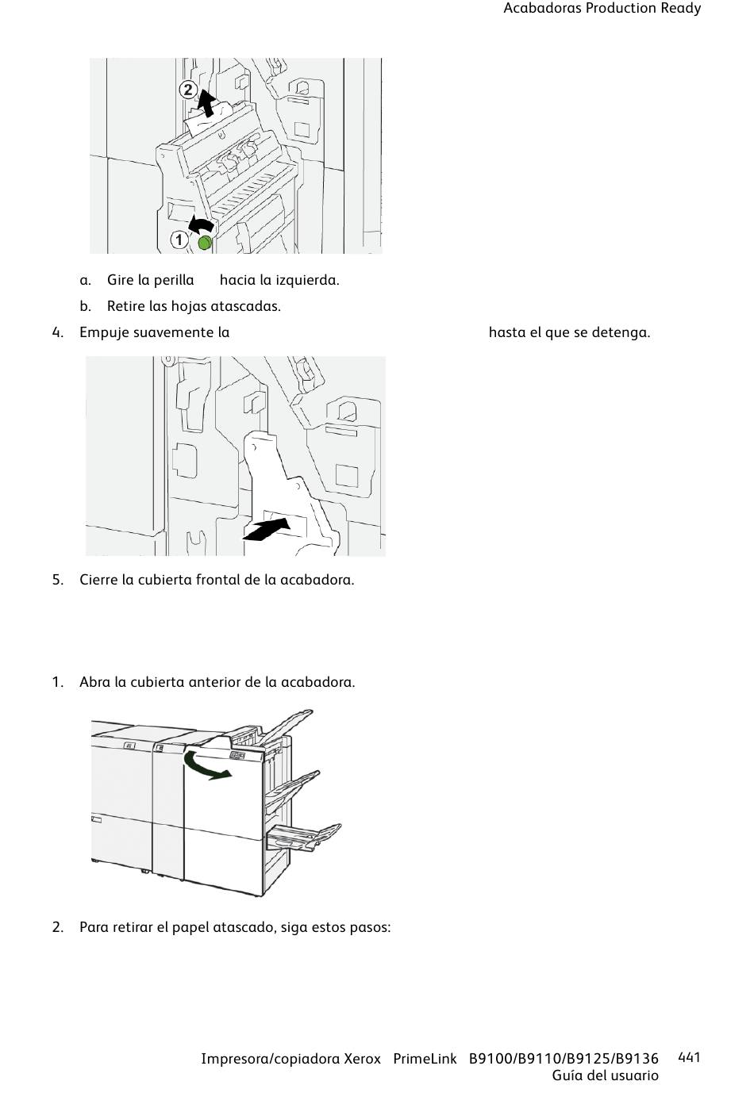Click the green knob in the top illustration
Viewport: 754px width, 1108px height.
tap(205, 243)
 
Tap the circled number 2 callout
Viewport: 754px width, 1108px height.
tap(187, 90)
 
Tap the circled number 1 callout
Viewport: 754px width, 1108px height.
tap(179, 240)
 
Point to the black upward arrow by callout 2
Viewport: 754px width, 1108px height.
tap(207, 103)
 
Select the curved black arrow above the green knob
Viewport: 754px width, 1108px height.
tap(201, 224)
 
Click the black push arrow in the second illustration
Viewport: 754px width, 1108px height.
tap(267, 530)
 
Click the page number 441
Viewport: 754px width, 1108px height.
tap(689, 1057)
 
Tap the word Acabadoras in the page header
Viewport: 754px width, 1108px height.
tap(542, 9)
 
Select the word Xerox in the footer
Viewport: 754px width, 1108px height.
tap(362, 1059)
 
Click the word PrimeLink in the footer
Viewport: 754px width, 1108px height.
tap(425, 1059)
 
